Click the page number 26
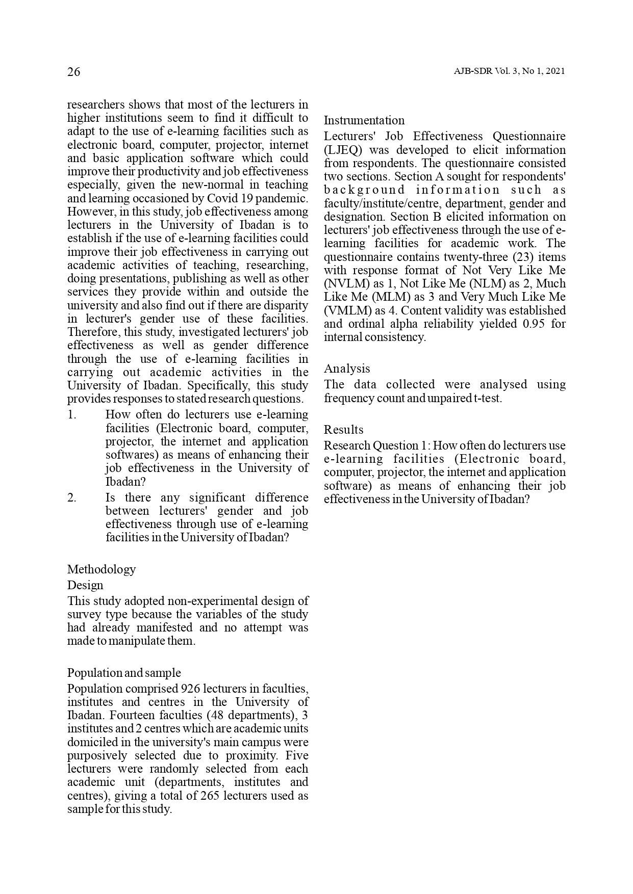pos(74,72)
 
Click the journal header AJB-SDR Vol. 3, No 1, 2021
pos(509,71)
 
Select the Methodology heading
pos(102,569)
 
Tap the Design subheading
pos(85,585)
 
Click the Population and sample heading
pos(124,673)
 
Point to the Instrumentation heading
pos(364,120)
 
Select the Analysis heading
pos(347,369)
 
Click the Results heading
pos(344,430)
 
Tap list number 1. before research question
pos(72,415)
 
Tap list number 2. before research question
pos(72,497)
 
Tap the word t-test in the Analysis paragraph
pos(488,398)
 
